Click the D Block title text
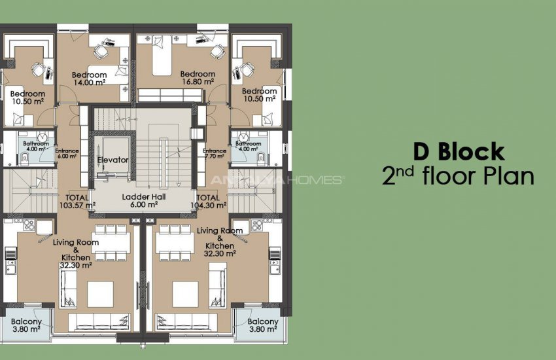click(x=459, y=152)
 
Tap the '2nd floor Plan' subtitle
click(x=459, y=177)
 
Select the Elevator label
click(x=113, y=160)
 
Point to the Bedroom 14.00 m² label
click(x=89, y=79)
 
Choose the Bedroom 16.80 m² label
click(x=198, y=78)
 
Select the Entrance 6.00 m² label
click(x=67, y=154)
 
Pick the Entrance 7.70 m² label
click(x=215, y=154)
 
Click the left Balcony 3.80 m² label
click(x=27, y=325)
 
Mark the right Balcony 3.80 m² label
click(x=263, y=325)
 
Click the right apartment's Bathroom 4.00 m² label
click(x=248, y=146)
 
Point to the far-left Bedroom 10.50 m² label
click(x=27, y=98)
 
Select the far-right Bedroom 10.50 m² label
click(x=259, y=94)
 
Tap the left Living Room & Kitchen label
click(x=77, y=253)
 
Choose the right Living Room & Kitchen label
click(x=220, y=241)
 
